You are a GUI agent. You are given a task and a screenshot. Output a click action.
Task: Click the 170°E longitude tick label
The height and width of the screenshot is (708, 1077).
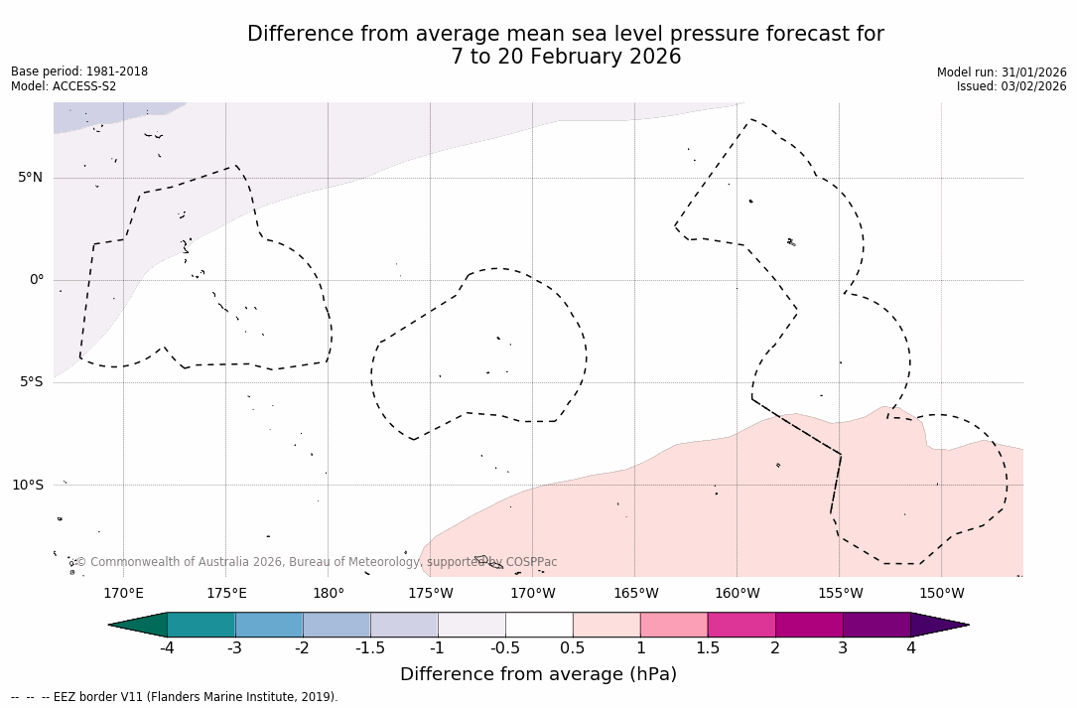pos(124,594)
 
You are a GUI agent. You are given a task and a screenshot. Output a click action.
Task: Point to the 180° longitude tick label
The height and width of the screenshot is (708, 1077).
pos(329,594)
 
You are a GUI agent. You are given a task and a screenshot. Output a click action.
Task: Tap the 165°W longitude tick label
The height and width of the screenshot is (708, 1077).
pos(635,594)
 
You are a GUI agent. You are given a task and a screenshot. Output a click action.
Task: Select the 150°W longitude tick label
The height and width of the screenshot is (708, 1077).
pos(942,594)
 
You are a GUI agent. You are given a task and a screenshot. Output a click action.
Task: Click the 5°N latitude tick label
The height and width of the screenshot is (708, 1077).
pos(30,178)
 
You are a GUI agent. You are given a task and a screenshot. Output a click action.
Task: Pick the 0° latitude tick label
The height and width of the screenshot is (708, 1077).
pos(37,280)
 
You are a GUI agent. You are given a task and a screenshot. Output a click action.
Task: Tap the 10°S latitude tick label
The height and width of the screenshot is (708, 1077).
pos(27,485)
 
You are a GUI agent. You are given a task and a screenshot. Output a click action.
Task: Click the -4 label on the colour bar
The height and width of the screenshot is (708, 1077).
pos(168,648)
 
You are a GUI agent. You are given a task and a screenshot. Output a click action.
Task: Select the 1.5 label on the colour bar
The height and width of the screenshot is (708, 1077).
pos(708,648)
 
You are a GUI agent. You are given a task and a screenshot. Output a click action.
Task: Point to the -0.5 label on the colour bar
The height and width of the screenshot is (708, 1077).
pos(505,648)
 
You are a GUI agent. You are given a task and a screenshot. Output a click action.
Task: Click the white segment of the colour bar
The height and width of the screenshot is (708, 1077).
pos(539,625)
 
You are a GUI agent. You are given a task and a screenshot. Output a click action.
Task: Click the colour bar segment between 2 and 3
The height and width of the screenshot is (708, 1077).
pos(809,625)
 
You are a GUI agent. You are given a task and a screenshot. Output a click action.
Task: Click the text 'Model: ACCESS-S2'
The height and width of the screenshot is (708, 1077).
pos(64,86)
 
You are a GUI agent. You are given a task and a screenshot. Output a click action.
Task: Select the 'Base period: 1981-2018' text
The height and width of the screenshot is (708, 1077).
pos(79,71)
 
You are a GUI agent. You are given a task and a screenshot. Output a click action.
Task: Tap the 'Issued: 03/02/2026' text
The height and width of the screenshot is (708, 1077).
pos(1011,86)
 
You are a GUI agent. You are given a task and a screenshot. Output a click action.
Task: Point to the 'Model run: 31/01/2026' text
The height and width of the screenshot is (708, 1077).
pos(1002,72)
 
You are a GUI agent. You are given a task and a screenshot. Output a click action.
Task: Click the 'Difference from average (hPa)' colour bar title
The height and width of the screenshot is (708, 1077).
pos(538,674)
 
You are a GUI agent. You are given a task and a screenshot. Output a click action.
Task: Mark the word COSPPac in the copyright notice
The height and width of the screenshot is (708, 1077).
pos(531,562)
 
